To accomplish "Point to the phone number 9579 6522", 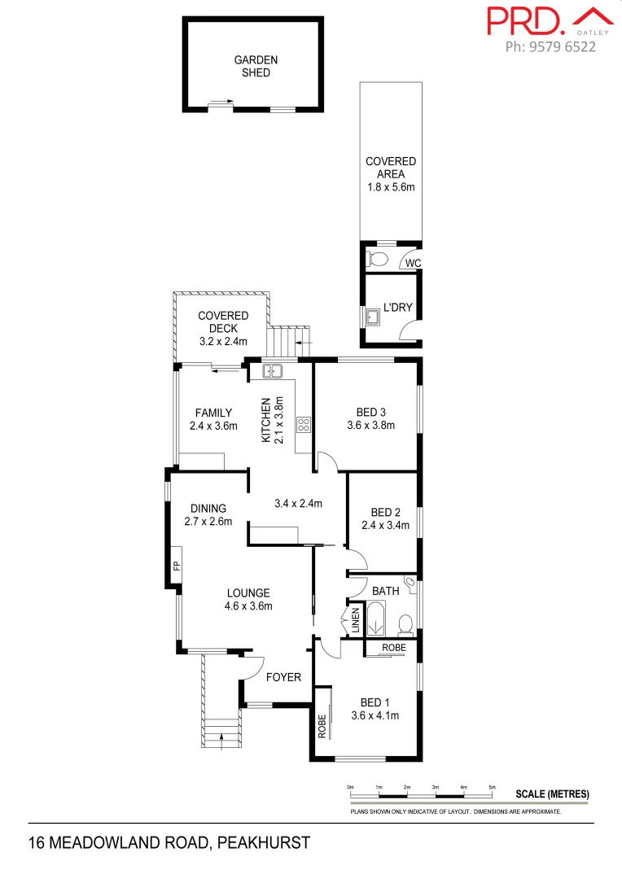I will (x=550, y=47).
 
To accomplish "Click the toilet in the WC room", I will (x=378, y=260).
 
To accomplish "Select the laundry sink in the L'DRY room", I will (x=374, y=316).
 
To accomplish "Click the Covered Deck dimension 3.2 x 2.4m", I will (x=223, y=342).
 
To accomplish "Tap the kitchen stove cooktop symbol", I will (x=303, y=423).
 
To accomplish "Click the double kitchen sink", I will (x=272, y=371).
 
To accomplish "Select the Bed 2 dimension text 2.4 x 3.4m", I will (x=386, y=525).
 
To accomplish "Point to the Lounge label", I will (x=248, y=593).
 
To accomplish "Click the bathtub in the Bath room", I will (x=378, y=619).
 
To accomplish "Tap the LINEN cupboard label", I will (x=356, y=621).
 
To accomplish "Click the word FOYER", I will (x=284, y=677).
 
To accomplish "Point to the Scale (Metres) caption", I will (x=552, y=794).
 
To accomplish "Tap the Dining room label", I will (x=208, y=509).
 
